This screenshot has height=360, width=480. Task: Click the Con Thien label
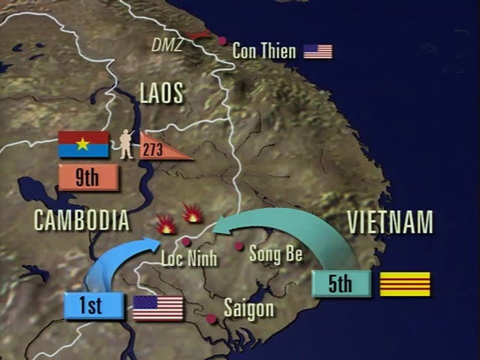264,51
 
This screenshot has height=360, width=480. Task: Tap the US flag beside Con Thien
318,51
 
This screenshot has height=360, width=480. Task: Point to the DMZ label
167,45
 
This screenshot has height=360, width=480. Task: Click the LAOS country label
161,93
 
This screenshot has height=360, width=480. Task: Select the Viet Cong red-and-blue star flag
83,144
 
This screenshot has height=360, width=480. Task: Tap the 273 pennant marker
159,148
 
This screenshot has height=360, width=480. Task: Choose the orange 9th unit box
88,177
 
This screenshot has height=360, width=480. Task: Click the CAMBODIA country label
81,220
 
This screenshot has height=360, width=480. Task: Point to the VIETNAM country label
389,222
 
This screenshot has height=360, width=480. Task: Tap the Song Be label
275,253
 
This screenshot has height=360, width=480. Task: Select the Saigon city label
248,308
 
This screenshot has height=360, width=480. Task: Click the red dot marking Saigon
211,318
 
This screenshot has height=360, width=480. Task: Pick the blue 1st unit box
93,305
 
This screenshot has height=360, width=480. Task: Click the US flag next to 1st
158,308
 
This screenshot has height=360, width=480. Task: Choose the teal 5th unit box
340,283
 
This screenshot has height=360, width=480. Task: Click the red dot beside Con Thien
222,40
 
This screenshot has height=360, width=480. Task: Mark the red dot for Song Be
239,246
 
